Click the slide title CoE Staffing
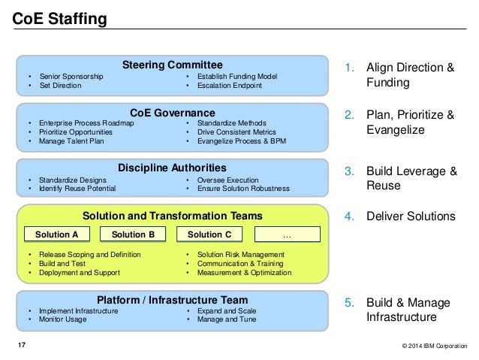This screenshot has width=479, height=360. click(x=59, y=17)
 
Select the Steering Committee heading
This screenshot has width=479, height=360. click(x=173, y=65)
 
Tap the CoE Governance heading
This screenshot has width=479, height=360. click(x=173, y=113)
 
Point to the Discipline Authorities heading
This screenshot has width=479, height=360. click(x=172, y=167)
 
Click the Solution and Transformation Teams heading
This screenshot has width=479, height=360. click(x=173, y=216)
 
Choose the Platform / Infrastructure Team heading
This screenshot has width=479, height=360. click(x=172, y=299)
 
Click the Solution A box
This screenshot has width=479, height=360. click(x=56, y=234)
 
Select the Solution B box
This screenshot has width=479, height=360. click(x=133, y=234)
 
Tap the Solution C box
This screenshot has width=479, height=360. click(x=209, y=234)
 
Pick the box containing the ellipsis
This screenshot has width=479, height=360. click(x=286, y=234)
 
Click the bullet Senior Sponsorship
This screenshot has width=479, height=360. click(x=71, y=77)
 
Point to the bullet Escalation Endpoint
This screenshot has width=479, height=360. click(x=230, y=86)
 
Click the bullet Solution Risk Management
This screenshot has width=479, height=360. click(x=240, y=255)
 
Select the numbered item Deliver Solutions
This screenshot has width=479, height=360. click(x=410, y=216)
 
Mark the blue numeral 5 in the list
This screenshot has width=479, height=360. click(x=348, y=303)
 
